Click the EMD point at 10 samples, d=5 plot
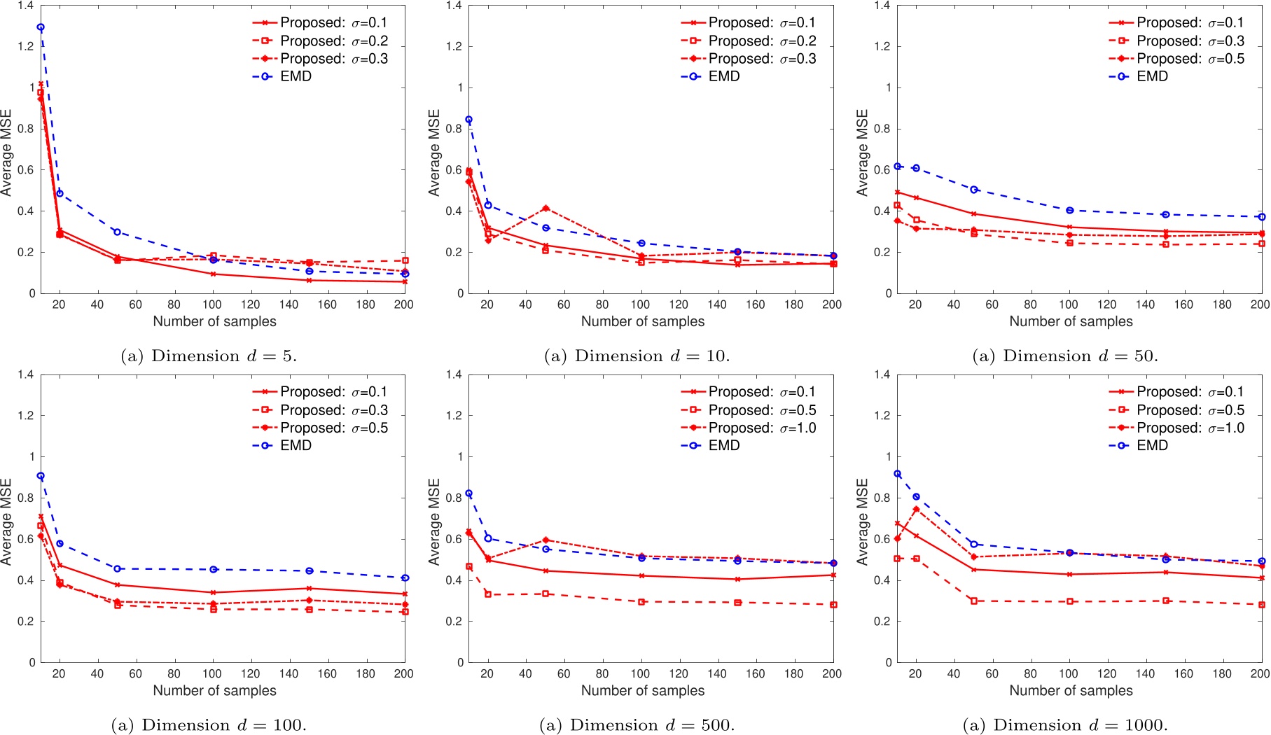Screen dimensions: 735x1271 tap(41, 27)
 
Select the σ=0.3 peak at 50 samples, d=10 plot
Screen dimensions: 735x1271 tap(546, 209)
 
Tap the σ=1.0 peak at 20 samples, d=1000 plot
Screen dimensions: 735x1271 tap(916, 509)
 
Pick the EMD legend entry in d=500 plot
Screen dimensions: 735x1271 tap(723, 445)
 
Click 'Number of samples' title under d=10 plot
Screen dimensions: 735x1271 tap(642, 321)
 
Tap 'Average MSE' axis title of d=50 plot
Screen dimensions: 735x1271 tap(862, 153)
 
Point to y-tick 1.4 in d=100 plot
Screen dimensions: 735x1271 tap(27, 374)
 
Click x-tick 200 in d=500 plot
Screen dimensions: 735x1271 tap(832, 673)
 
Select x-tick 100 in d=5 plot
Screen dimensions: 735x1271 tap(211, 304)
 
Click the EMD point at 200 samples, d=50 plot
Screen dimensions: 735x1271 tap(1261, 217)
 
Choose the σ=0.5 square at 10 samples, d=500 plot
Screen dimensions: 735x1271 tap(469, 566)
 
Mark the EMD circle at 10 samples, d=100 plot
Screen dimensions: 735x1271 tap(41, 476)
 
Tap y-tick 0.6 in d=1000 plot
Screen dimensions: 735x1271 tap(882, 539)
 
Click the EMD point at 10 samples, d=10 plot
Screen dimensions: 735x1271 tap(469, 120)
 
